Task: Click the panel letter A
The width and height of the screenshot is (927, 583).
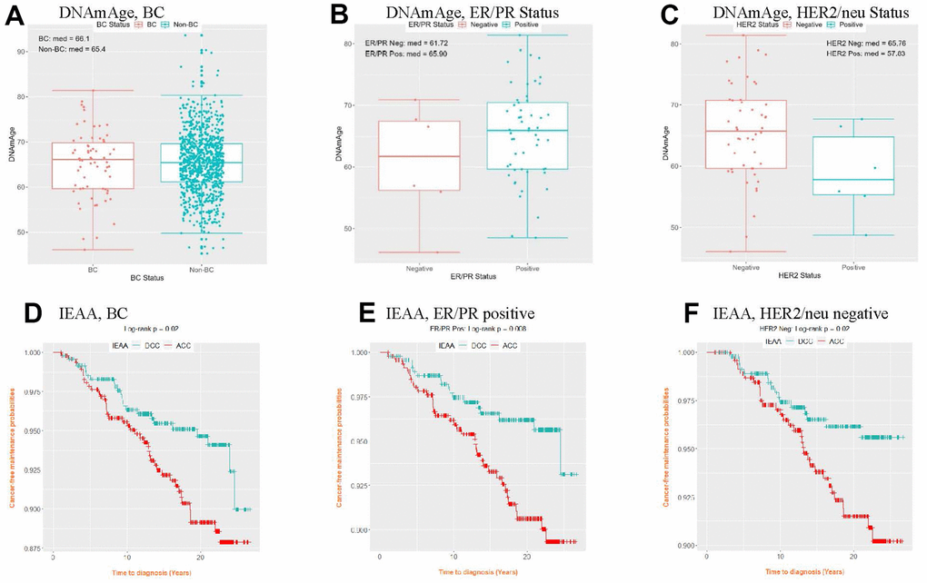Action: click(15, 19)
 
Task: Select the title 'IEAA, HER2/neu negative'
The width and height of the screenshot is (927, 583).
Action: click(787, 314)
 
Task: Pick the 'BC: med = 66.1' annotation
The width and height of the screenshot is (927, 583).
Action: click(62, 38)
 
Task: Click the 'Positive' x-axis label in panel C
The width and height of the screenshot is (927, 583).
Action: click(852, 269)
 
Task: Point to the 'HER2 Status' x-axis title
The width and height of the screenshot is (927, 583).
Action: click(801, 278)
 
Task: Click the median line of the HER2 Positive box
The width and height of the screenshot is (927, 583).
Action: click(852, 180)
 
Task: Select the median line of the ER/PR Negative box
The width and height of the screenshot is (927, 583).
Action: click(418, 156)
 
